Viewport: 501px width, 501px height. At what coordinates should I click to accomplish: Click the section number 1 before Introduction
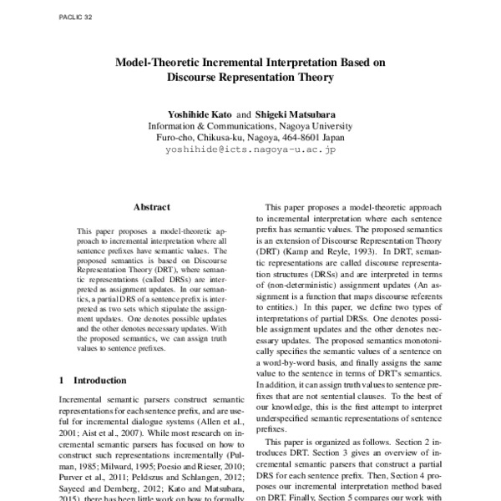pyautogui.click(x=63, y=380)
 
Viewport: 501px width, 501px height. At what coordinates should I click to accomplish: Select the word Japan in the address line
pyautogui.click(x=331, y=136)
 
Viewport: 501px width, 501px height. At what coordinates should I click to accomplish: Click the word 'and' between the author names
pyautogui.click(x=243, y=111)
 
